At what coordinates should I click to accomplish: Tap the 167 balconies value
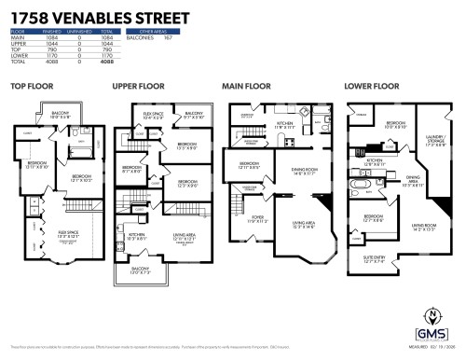168,38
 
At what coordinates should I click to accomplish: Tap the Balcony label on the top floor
61,116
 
